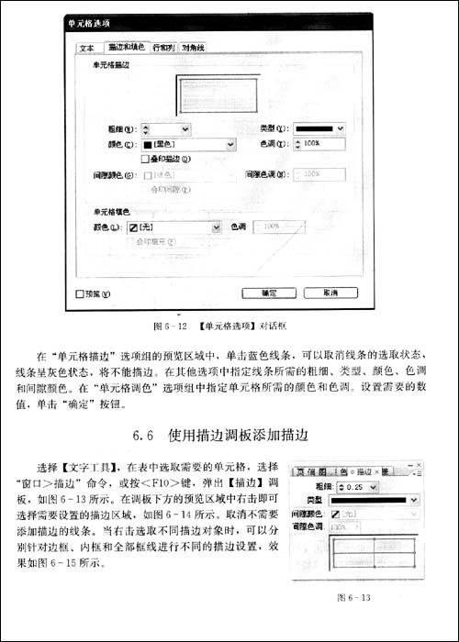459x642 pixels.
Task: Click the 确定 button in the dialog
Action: (x=268, y=293)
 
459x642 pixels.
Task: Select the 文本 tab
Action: (x=87, y=47)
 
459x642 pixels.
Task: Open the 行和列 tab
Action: (x=164, y=47)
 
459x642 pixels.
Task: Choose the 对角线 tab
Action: (x=194, y=47)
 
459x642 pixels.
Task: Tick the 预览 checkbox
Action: (x=79, y=294)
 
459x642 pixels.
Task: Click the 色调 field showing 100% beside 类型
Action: (x=321, y=144)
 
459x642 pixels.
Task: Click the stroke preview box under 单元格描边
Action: (x=222, y=94)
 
